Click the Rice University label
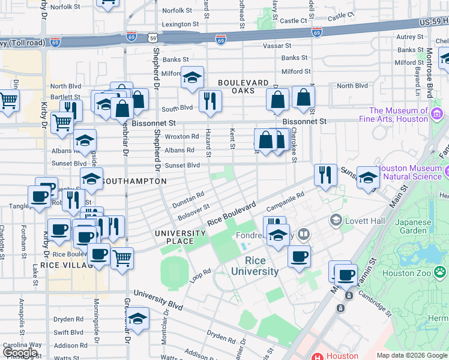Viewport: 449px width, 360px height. [262, 266]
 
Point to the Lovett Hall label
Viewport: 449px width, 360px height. [364, 220]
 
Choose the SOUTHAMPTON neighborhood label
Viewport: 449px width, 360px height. [134, 181]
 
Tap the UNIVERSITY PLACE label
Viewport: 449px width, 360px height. [180, 237]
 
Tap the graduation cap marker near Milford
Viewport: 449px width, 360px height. [192, 77]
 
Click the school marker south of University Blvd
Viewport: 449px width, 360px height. [138, 319]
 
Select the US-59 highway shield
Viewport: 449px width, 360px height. [154, 37]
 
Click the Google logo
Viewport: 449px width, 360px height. [21, 353]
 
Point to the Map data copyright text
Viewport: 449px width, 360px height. [412, 355]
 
